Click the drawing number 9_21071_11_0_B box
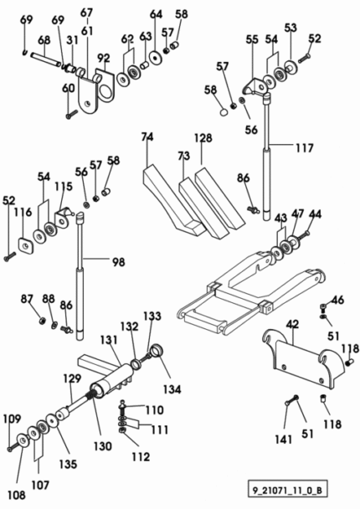pos(288,489)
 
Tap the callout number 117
pos(305,148)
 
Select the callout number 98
pos(119,262)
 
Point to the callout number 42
pos(293,325)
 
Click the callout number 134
pos(172,389)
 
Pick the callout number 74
pos(147,137)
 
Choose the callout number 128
pos(203,138)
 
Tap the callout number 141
pos(283,440)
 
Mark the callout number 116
pos(23,213)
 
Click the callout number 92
pos(104,59)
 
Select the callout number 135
pos(68,464)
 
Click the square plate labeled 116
pos(26,245)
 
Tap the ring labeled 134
pos(157,351)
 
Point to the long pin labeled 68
pos(45,59)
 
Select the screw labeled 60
pos(72,114)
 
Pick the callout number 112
pos(141,457)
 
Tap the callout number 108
pos(16,495)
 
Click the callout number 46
pos(337,300)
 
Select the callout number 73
pos(183,156)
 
